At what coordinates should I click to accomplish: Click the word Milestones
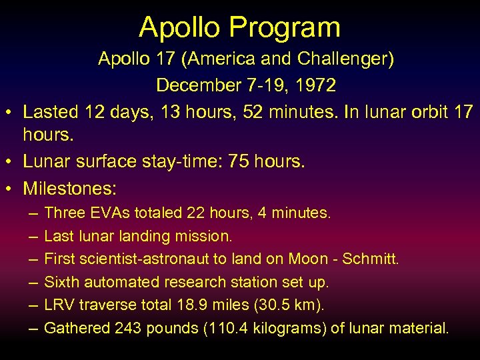[x=69, y=188]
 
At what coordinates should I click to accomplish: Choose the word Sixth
[x=61, y=282]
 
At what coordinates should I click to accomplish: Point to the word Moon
[x=309, y=259]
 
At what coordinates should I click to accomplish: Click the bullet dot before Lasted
[x=10, y=113]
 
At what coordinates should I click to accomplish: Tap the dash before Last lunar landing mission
[x=33, y=236]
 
